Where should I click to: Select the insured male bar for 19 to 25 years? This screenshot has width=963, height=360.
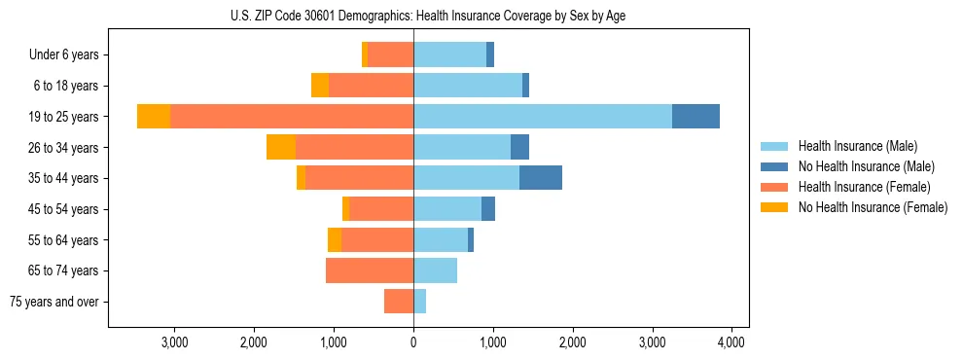coord(542,116)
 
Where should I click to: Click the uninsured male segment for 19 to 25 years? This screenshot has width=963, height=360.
coord(695,116)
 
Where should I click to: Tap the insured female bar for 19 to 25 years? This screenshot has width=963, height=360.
coord(292,116)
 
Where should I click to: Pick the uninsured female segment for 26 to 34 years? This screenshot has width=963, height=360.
coord(281,147)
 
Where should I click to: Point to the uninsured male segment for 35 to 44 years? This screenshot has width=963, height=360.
coord(541,178)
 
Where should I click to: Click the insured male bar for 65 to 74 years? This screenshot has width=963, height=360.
coord(435,270)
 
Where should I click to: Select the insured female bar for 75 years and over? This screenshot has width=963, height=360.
coord(399,302)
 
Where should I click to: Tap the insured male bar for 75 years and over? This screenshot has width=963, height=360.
coord(419,302)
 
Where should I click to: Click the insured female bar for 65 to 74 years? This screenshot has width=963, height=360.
coord(370,270)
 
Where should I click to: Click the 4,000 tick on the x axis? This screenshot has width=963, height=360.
coord(731,342)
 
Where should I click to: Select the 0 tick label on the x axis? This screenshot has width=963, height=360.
coord(413,342)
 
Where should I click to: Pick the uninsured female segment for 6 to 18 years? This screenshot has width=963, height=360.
coord(320,86)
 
